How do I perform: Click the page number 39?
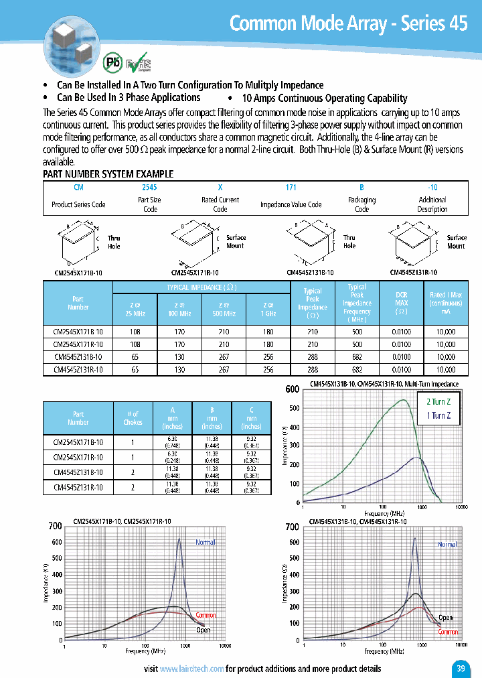pyautogui.click(x=460, y=668)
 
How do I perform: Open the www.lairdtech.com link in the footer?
pyautogui.click(x=191, y=669)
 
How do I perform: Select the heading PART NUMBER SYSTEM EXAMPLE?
pyautogui.click(x=108, y=174)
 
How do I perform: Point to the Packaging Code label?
pyautogui.click(x=361, y=204)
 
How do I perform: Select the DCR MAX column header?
pyautogui.click(x=401, y=303)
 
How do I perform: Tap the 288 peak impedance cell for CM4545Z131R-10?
pyautogui.click(x=312, y=368)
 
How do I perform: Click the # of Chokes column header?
pyautogui.click(x=133, y=418)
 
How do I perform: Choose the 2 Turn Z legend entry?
pyautogui.click(x=438, y=402)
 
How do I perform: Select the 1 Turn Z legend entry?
pyautogui.click(x=438, y=416)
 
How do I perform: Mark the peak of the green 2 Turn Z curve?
pyautogui.click(x=403, y=400)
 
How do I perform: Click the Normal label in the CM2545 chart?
pyautogui.click(x=206, y=541)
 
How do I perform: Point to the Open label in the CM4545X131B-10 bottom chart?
pyautogui.click(x=445, y=618)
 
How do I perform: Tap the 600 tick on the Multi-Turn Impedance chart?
pyautogui.click(x=292, y=389)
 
